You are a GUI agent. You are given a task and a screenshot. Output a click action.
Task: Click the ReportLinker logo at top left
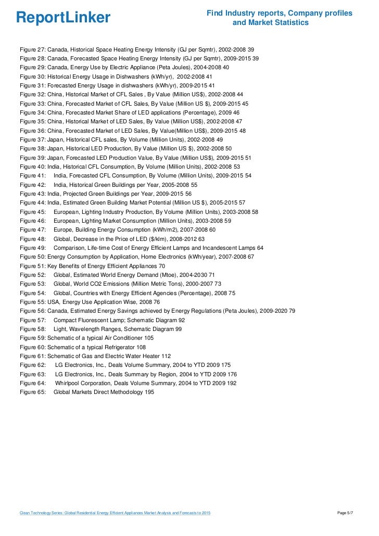[x=63, y=18]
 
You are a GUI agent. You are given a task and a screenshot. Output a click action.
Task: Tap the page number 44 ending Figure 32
[x=239, y=94]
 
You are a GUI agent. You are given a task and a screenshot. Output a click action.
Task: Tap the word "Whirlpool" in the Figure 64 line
[x=69, y=383]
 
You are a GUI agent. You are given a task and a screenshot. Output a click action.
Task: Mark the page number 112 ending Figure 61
[x=166, y=356]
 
